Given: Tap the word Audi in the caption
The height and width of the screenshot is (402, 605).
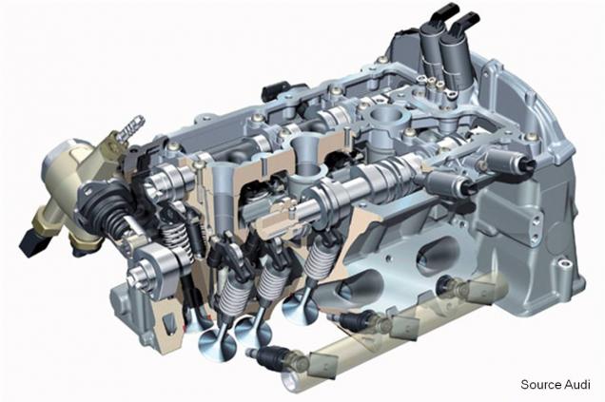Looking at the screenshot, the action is (577, 384).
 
